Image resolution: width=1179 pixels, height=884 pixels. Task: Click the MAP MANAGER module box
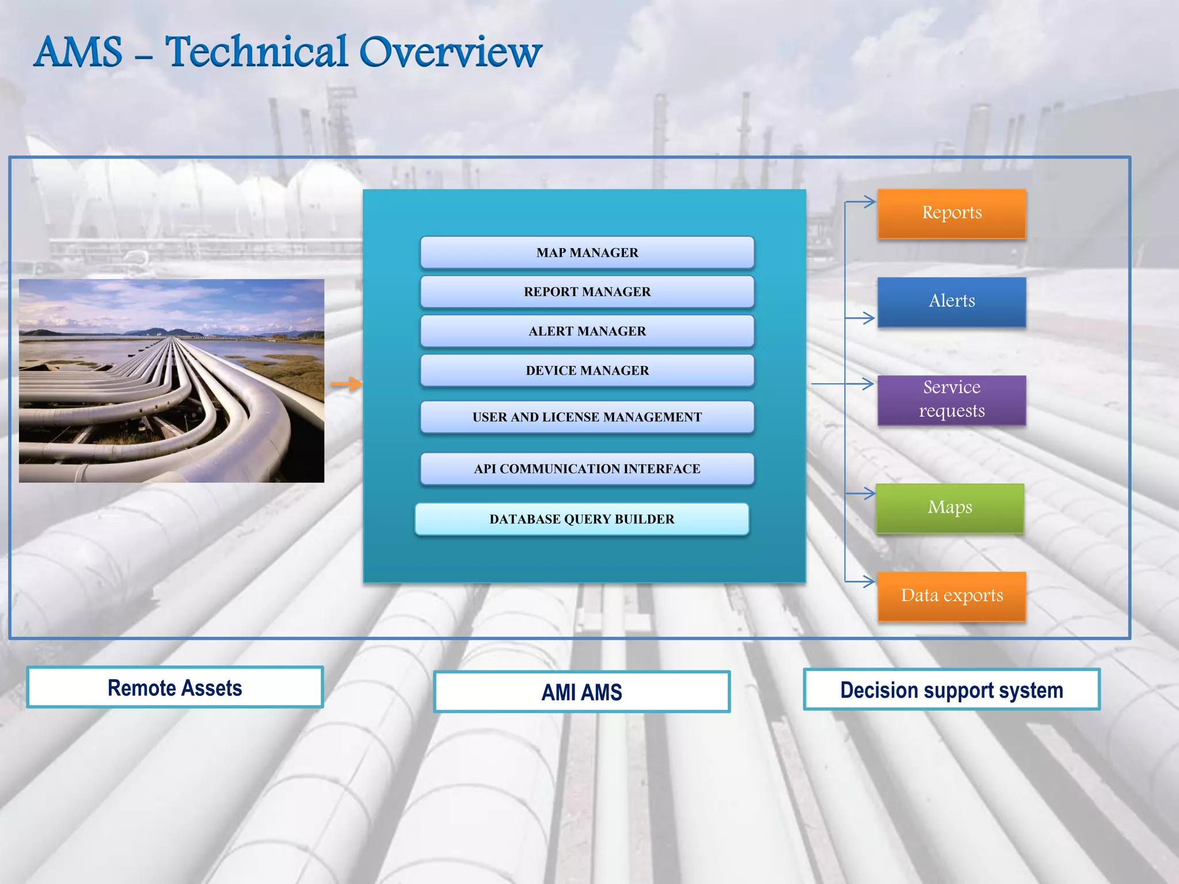[587, 253]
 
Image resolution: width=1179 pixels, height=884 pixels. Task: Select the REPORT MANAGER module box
[587, 292]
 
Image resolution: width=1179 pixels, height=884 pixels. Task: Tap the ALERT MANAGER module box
[587, 331]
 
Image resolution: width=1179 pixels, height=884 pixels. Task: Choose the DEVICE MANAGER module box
[587, 371]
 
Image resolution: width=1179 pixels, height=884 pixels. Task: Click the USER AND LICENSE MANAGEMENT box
[587, 417]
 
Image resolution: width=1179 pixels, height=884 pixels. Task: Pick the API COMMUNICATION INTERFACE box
[587, 469]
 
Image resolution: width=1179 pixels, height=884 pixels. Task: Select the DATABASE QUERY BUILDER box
[581, 519]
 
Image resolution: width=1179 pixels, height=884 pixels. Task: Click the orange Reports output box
[952, 213]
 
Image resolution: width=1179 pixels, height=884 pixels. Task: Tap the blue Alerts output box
[952, 302]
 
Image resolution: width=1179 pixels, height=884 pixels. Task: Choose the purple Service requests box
[952, 399]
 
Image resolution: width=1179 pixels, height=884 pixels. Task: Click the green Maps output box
[950, 508]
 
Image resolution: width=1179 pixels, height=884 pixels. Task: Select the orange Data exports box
[952, 596]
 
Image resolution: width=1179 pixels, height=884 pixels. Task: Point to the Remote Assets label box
[175, 688]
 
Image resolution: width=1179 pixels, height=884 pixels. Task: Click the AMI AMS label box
[581, 692]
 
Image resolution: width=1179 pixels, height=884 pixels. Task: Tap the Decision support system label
[952, 689]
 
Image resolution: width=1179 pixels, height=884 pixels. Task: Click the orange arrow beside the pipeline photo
[347, 384]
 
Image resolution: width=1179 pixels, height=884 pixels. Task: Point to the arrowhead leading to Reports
[869, 201]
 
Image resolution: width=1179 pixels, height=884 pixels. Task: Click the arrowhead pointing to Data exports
[869, 581]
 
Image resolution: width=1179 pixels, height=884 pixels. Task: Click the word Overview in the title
[450, 52]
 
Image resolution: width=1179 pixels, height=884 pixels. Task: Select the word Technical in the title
[257, 52]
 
